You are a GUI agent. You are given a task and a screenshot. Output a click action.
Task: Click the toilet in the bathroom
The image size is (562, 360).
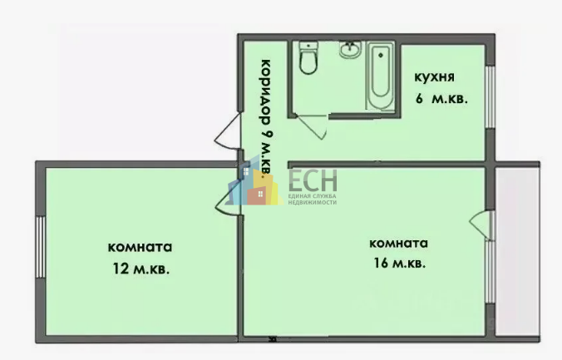pyautogui.click(x=308, y=57)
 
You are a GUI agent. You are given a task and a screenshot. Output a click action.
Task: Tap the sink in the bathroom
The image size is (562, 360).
pyautogui.click(x=350, y=49)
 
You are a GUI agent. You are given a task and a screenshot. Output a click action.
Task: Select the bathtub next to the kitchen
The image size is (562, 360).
pyautogui.click(x=380, y=76)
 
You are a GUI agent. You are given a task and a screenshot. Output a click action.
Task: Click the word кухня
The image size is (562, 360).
pyautogui.click(x=435, y=78)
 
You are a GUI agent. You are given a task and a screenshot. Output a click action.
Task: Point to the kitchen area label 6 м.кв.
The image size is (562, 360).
pyautogui.click(x=441, y=98)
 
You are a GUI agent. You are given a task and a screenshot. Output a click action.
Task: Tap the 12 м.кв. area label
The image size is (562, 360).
pyautogui.click(x=140, y=269)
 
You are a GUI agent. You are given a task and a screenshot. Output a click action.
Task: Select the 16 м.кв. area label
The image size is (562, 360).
pyautogui.click(x=399, y=264)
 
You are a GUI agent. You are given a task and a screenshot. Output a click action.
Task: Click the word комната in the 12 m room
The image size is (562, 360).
pyautogui.click(x=140, y=248)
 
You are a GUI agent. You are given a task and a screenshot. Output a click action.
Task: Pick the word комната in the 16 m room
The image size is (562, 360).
pyautogui.click(x=398, y=244)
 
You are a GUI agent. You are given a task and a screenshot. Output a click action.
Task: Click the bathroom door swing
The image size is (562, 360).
pyautogui.click(x=312, y=126)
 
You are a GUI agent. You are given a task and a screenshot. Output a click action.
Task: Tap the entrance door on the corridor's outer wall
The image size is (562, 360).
pyautogui.click(x=227, y=131)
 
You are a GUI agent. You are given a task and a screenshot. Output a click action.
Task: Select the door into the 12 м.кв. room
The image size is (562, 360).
pyautogui.click(x=228, y=203)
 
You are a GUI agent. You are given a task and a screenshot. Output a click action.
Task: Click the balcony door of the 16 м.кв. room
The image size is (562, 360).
pyautogui.click(x=481, y=225)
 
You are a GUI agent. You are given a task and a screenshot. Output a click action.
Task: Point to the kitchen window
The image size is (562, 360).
pyautogui.click(x=490, y=96)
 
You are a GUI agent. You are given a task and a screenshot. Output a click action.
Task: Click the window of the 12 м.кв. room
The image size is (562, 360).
pyautogui.click(x=41, y=247)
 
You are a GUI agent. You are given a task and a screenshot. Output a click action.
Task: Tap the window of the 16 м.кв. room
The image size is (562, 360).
pyautogui.click(x=490, y=272)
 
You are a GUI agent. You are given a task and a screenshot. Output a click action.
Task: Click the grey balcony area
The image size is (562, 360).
pyautogui.click(x=518, y=252)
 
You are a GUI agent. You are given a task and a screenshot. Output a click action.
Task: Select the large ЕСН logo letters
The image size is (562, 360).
pyautogui.click(x=313, y=180)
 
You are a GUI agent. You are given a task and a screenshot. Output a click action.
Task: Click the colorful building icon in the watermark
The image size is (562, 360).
pyautogui.click(x=253, y=182)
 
